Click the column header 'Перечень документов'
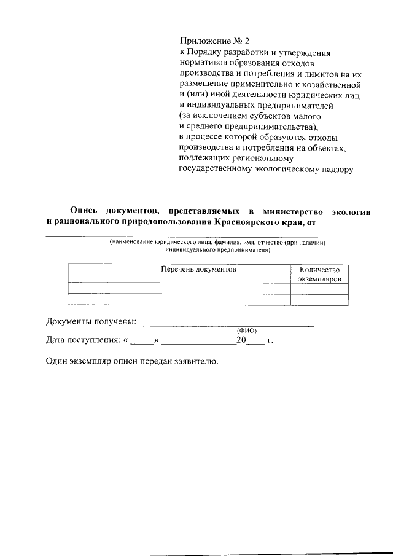(x=189, y=269)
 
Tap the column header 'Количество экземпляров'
(x=319, y=274)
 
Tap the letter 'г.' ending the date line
(x=271, y=340)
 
